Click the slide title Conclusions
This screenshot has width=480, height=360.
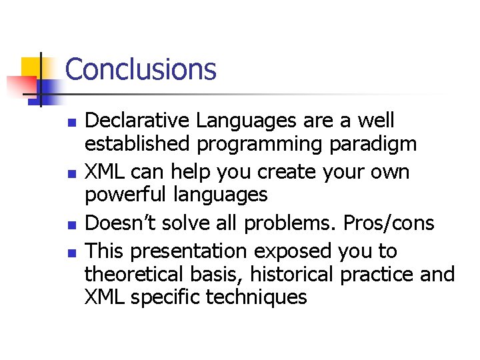click(x=141, y=69)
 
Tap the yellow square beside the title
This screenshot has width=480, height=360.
click(x=31, y=67)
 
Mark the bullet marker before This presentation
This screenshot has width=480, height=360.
click(x=73, y=253)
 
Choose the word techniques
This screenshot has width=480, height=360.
click(x=257, y=297)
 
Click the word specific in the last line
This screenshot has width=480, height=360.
click(x=166, y=297)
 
